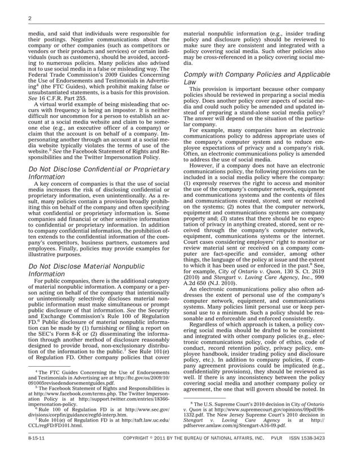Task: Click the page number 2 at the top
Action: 29,19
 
